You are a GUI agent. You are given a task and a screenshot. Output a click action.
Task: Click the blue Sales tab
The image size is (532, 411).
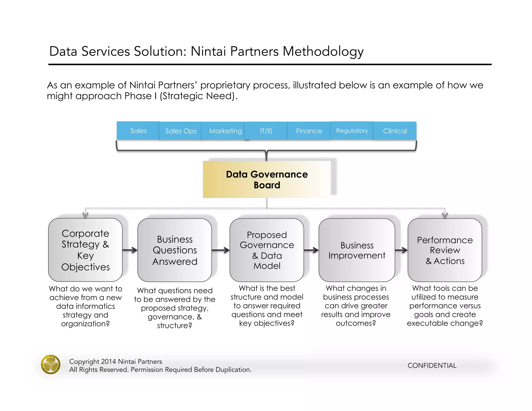click(x=138, y=131)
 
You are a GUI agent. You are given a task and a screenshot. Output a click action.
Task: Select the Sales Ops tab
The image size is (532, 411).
click(x=181, y=131)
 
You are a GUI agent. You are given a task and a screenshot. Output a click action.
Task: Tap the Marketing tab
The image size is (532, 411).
click(x=225, y=131)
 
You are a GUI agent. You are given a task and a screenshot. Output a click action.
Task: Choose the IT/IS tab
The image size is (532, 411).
click(x=266, y=131)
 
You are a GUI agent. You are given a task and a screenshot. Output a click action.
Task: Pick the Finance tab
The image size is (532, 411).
click(x=309, y=131)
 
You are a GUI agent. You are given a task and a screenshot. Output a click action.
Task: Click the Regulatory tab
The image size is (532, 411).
click(x=352, y=131)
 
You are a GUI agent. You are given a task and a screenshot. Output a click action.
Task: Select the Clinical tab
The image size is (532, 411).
click(x=395, y=131)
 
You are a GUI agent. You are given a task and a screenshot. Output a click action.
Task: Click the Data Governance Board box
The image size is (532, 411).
click(x=267, y=180)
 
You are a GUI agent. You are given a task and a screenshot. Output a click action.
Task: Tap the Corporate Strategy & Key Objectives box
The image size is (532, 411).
click(x=85, y=250)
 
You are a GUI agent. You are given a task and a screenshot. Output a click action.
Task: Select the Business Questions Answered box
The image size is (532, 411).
click(x=175, y=250)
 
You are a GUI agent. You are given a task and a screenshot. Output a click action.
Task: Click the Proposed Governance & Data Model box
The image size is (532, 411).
click(x=267, y=250)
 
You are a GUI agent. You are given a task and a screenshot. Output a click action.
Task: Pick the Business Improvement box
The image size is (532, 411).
click(x=357, y=250)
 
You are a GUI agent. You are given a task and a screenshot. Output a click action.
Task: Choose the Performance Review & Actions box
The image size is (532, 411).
click(x=445, y=250)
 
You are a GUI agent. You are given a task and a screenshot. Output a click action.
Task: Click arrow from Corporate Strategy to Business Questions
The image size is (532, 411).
click(x=130, y=250)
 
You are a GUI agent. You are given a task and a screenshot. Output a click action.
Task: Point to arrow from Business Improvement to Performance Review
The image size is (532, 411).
click(x=401, y=250)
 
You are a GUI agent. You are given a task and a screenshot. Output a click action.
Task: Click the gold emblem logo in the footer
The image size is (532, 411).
click(x=51, y=364)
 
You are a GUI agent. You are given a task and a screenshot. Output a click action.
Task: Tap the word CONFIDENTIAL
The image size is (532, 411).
click(x=432, y=366)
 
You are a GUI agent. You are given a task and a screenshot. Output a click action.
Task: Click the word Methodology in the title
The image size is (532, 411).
click(x=323, y=51)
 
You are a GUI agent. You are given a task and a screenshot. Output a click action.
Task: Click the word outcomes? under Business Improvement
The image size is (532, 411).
click(x=356, y=323)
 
